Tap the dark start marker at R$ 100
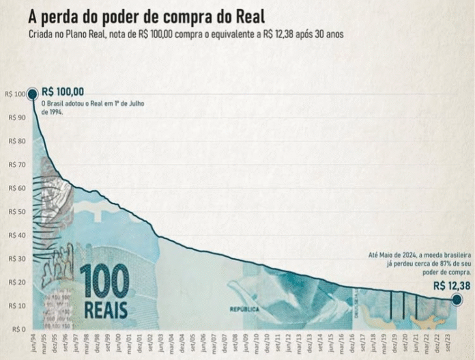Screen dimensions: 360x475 pos(32,94)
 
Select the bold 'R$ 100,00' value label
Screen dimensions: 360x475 pos(63,92)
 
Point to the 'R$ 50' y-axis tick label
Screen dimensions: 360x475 pos(14,211)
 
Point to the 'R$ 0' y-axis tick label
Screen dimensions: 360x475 pos(15,329)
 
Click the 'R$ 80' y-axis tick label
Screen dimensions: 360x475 pos(14,141)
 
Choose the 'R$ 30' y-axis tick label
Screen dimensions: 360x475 pos(14,258)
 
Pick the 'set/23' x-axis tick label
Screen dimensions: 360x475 pos(447,344)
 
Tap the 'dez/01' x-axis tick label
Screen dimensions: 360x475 pos(141,344)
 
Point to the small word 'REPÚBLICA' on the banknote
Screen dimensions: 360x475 pos(245,309)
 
